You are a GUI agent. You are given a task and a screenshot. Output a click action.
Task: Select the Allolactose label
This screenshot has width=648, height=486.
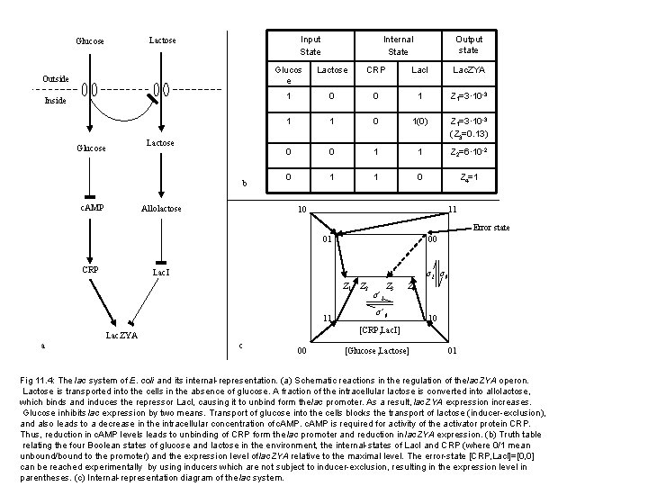click(x=161, y=209)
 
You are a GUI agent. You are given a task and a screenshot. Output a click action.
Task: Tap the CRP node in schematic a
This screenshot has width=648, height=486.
click(x=88, y=271)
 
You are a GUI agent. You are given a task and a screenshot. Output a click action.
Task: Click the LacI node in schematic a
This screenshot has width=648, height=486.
click(x=161, y=271)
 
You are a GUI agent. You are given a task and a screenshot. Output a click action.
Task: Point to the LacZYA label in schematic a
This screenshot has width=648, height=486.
click(x=121, y=335)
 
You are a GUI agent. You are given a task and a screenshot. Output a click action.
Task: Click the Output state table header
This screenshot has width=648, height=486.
click(x=468, y=45)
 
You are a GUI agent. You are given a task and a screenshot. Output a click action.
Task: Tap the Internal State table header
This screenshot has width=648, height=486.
click(x=398, y=45)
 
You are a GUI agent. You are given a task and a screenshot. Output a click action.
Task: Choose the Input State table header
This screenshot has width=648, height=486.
click(x=310, y=45)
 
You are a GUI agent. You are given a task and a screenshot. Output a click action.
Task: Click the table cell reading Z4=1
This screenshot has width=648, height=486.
click(x=468, y=178)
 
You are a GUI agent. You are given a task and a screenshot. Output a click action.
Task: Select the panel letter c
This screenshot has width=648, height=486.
click(x=238, y=345)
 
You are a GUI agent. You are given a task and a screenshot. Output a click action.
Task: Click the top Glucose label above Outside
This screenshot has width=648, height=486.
click(x=89, y=41)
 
